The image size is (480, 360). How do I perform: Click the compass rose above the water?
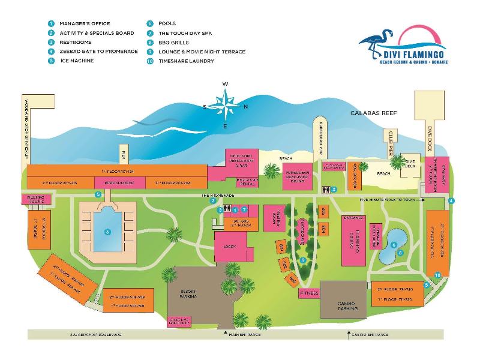(225, 104)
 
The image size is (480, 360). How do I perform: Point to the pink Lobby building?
(229, 246)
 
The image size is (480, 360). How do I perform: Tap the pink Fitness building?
(311, 293)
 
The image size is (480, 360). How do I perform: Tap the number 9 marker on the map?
(304, 260)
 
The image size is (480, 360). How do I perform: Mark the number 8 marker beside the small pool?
(400, 253)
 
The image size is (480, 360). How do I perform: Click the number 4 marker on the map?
(451, 200)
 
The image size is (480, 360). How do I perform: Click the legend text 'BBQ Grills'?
(173, 43)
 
